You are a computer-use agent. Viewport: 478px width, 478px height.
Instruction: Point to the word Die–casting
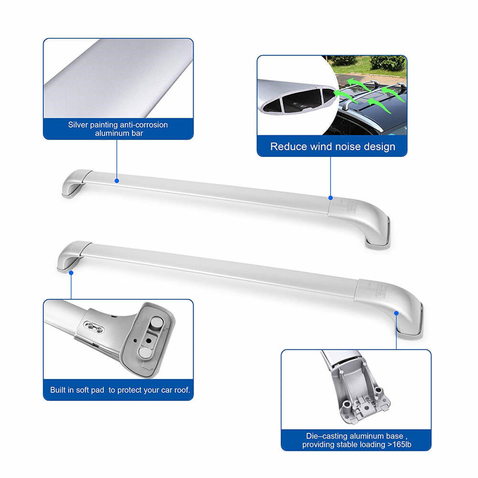tap(325, 436)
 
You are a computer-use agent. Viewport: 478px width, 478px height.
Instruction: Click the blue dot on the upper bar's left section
tap(117, 181)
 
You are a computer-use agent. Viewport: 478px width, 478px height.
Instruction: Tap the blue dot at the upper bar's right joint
tap(330, 197)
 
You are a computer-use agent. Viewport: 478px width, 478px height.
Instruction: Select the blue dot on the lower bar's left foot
tap(71, 273)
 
